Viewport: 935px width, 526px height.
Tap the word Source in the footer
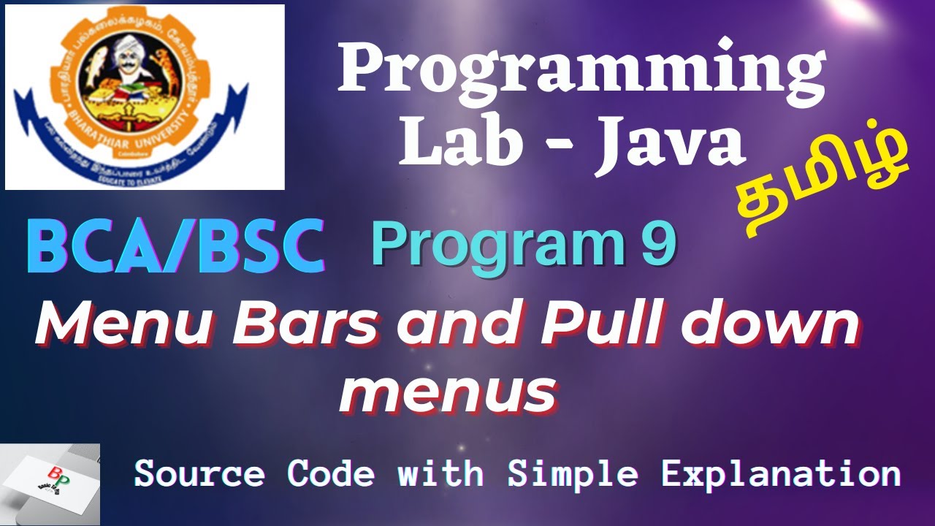tap(199, 474)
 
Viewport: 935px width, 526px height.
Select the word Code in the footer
tap(331, 474)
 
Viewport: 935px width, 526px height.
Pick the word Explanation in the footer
tap(781, 474)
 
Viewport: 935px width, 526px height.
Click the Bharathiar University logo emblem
tap(144, 96)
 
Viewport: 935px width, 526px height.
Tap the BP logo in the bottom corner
tap(50, 482)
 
